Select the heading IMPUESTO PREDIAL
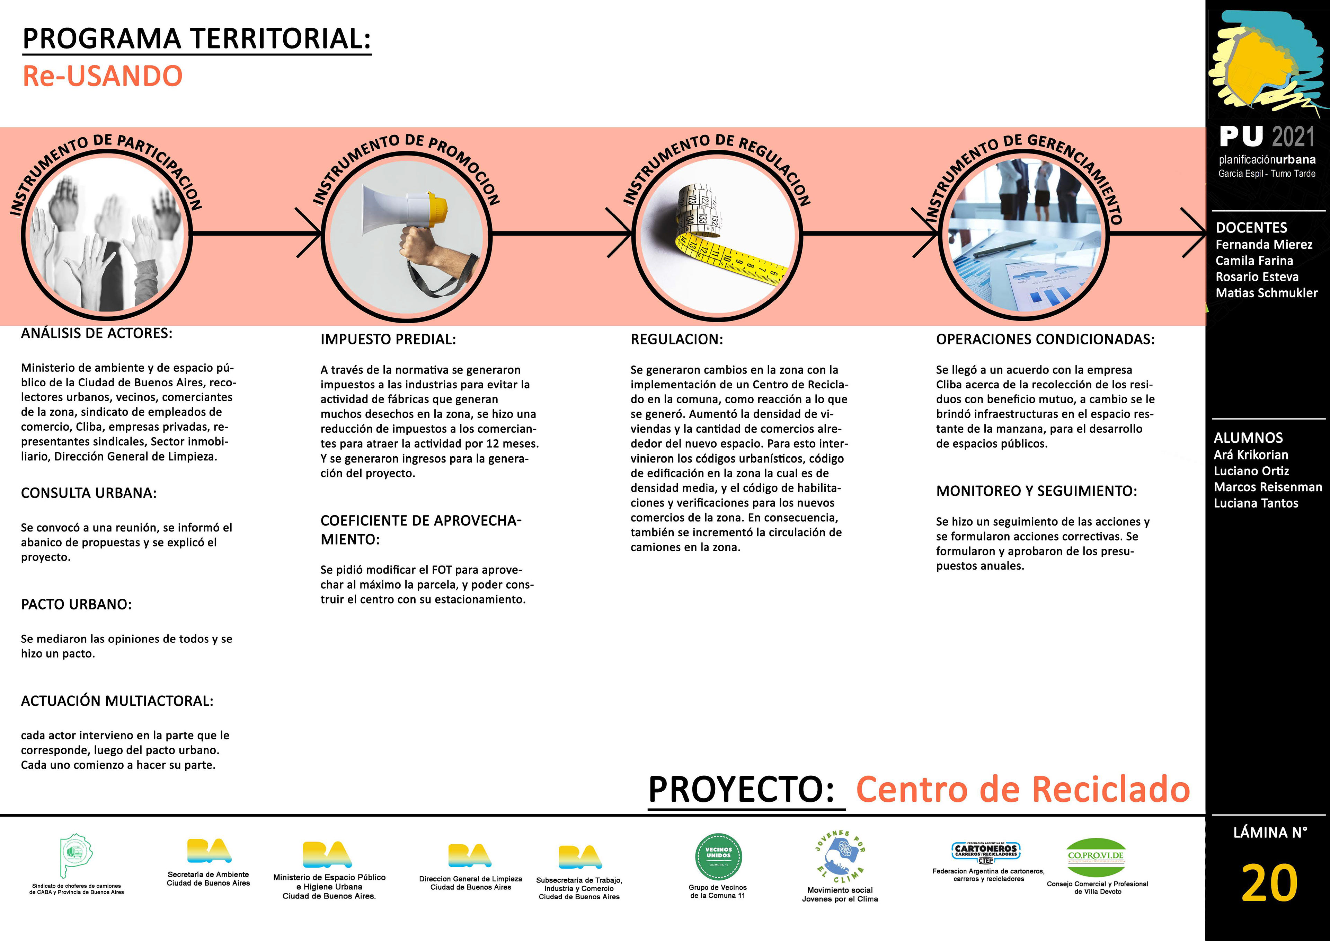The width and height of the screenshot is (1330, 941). click(388, 340)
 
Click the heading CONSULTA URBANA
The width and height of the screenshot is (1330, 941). click(89, 493)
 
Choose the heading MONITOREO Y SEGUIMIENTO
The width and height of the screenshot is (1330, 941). click(1036, 491)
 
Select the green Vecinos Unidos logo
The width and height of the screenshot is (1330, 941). click(718, 856)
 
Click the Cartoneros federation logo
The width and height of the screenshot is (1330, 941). click(986, 852)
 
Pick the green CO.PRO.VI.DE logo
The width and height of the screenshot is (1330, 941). click(1096, 856)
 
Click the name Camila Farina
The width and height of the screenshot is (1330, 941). click(1254, 261)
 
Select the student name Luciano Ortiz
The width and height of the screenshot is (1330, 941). click(1251, 471)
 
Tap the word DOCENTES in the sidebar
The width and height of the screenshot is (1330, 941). click(1251, 228)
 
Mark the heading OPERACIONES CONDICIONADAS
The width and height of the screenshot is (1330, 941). click(1045, 340)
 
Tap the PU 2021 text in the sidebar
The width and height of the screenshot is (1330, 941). click(1267, 137)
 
